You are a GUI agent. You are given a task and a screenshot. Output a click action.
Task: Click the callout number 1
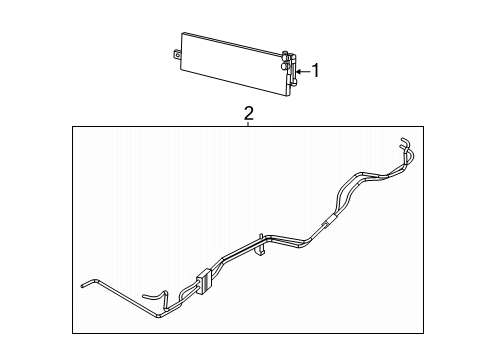(x=317, y=70)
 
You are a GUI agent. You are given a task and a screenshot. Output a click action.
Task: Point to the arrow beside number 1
(x=303, y=71)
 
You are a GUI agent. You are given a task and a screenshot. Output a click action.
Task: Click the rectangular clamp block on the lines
(x=206, y=282)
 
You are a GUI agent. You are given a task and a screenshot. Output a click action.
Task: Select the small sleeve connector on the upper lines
(x=325, y=221)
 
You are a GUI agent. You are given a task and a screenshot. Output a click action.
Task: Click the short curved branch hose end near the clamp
(x=148, y=295)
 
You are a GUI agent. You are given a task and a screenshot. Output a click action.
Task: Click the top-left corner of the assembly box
(x=72, y=126)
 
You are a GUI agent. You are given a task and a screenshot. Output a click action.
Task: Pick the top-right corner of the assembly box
(x=428, y=126)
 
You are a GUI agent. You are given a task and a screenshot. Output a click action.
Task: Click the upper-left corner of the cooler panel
(x=183, y=37)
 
